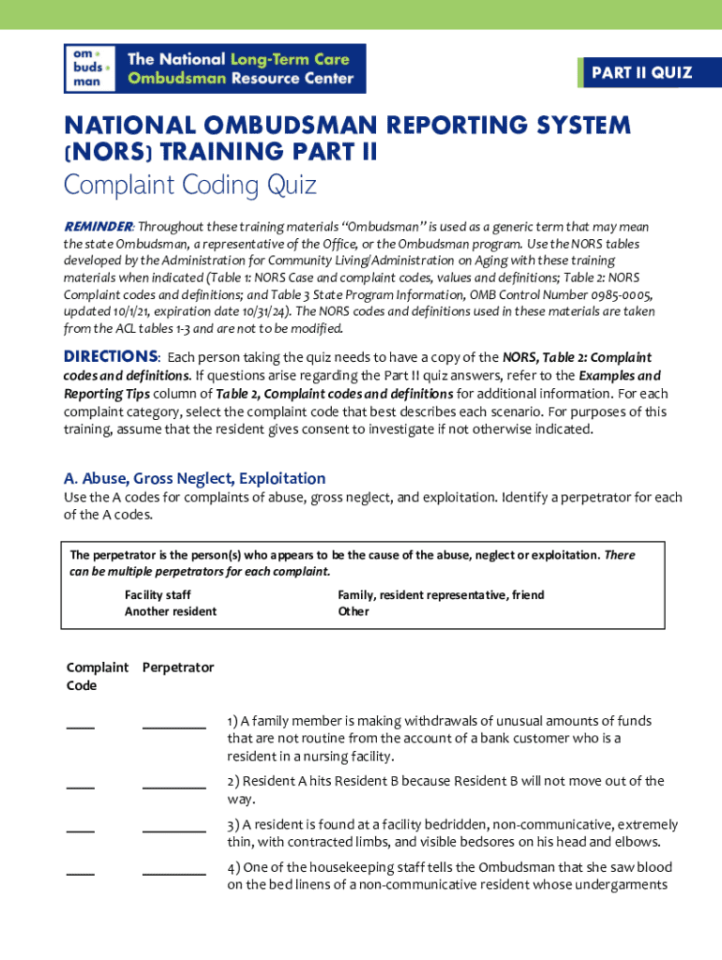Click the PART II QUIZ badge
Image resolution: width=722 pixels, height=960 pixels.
click(641, 73)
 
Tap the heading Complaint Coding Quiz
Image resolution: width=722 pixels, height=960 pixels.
click(189, 186)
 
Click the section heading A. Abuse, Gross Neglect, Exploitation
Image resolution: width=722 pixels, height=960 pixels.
click(194, 478)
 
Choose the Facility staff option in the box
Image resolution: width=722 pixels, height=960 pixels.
click(158, 595)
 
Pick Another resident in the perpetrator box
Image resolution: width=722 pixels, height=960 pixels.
click(170, 611)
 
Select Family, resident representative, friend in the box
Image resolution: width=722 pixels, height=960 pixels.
click(441, 595)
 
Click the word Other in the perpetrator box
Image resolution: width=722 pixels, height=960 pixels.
click(353, 611)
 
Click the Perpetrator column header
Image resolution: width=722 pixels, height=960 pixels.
click(178, 667)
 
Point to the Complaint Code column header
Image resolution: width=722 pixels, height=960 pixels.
click(97, 676)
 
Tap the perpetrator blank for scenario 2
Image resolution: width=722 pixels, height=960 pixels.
click(173, 787)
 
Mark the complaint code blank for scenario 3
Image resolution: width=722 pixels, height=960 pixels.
click(80, 830)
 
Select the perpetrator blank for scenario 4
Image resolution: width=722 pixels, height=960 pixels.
click(173, 873)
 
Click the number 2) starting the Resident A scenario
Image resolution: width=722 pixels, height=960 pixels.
click(233, 781)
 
